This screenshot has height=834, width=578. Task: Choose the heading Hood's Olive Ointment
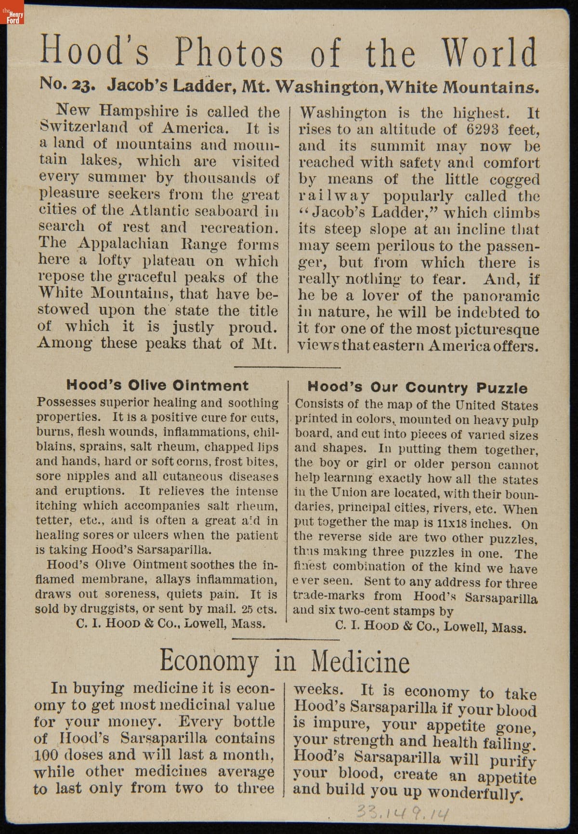pos(157,385)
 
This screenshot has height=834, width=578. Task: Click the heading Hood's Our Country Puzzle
pos(417,387)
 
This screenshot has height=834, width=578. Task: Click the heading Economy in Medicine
pos(284,661)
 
